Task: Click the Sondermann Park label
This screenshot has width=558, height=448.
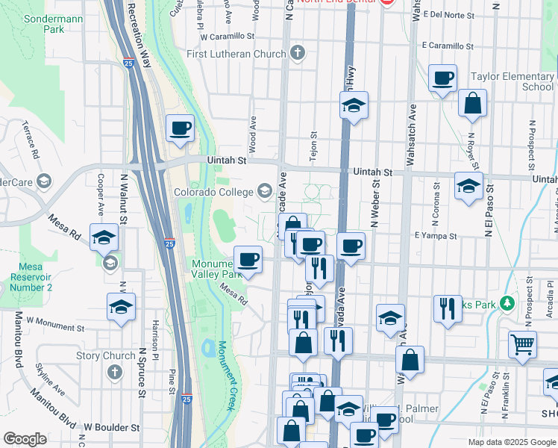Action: [43, 22]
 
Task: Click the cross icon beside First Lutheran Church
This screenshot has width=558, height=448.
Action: [298, 53]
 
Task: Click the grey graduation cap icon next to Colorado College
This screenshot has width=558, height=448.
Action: [264, 192]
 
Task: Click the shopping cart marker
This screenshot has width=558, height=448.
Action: [522, 345]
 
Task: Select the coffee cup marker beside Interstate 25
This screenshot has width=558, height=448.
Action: [180, 128]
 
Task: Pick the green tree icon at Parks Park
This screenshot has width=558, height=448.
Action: [507, 303]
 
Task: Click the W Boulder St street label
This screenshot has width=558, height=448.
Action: [112, 428]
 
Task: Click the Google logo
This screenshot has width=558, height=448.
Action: [25, 439]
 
